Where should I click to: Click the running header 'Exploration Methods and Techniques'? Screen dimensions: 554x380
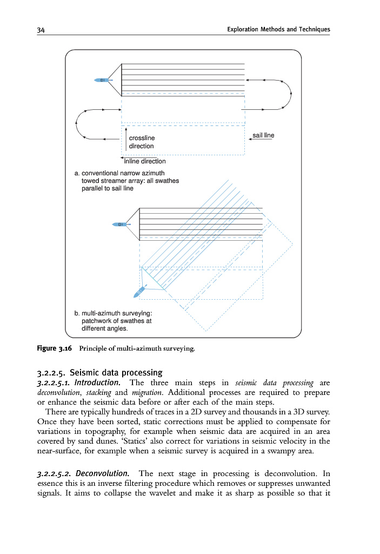(x=279, y=29)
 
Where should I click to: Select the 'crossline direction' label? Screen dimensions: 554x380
(x=141, y=142)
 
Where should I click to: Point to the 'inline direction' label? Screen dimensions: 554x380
(x=144, y=161)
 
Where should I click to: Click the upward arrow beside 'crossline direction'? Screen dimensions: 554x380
(x=125, y=138)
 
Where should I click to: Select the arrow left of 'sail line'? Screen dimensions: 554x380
(x=250, y=139)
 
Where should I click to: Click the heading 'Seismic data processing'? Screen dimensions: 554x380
(x=116, y=372)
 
